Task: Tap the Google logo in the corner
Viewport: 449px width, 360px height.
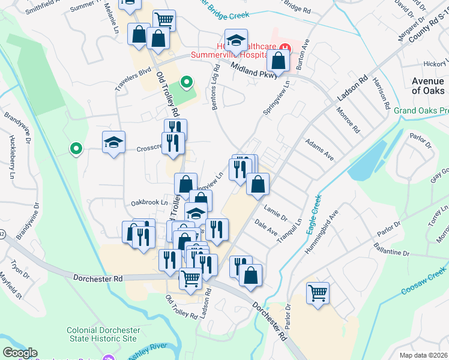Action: click(x=20, y=353)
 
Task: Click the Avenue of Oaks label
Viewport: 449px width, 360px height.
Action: click(x=429, y=86)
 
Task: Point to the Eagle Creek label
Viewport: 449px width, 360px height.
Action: click(x=312, y=214)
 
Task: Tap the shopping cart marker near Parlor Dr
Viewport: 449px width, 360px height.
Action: click(x=318, y=293)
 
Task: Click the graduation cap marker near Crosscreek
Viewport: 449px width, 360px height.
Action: click(x=113, y=142)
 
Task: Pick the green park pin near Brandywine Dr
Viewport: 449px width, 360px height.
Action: click(x=76, y=148)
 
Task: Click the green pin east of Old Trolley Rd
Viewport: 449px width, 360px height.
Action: click(x=187, y=82)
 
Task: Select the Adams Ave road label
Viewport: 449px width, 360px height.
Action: click(x=319, y=148)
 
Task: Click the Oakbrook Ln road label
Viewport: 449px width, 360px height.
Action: click(x=151, y=203)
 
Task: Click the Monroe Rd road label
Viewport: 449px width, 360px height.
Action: click(x=348, y=121)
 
